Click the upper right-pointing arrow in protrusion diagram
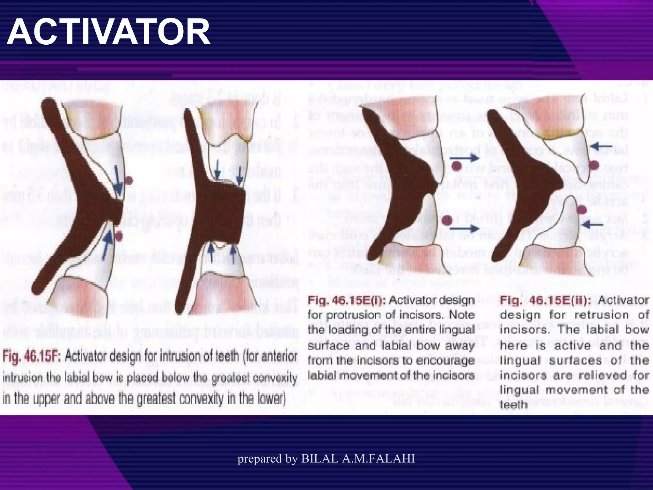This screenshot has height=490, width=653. [464, 158]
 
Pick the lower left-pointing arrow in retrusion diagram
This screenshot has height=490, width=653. [593, 225]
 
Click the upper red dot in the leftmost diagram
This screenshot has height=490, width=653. [128, 181]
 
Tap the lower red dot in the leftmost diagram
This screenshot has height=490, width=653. [120, 236]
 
